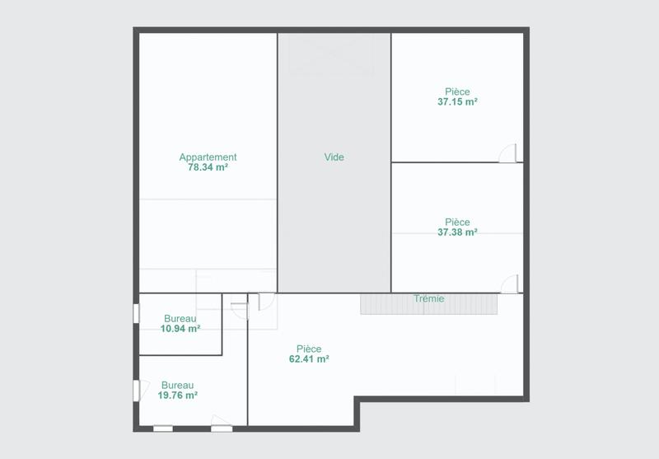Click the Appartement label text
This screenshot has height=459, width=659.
208,157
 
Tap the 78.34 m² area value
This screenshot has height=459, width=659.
208,167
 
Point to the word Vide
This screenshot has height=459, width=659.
334,157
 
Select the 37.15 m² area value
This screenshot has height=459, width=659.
457,102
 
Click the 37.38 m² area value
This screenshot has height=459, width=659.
457,232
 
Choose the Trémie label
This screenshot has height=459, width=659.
428,298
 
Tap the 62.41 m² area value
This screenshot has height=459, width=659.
309,359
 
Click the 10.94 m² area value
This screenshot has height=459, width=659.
180,329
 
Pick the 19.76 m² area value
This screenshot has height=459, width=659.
179,396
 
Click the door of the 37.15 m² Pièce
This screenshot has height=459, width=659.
511,153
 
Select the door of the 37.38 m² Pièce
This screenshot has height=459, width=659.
511,283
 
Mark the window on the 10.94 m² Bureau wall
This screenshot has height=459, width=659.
137,315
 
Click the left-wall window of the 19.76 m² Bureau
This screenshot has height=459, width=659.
137,390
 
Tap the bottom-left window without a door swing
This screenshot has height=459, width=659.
163,428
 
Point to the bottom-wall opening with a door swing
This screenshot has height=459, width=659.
222,426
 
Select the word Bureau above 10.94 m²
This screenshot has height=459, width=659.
180,319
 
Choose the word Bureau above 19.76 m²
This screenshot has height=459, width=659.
178,385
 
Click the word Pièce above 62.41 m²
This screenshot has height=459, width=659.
309,349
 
